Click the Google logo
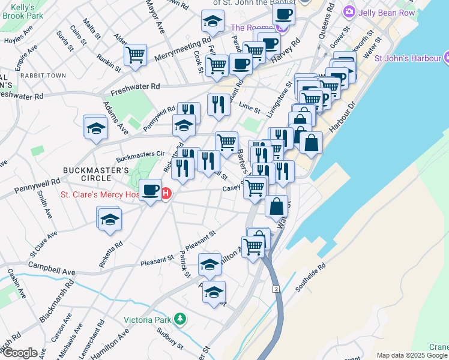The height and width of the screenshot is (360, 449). point(20,353)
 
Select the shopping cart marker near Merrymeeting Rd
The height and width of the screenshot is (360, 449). point(136,55)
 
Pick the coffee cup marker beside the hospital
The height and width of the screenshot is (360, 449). point(151,191)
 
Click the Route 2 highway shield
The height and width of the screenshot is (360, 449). point(276,289)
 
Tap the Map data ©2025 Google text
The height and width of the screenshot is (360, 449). point(412,355)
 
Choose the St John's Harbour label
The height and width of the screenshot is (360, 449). point(408,59)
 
